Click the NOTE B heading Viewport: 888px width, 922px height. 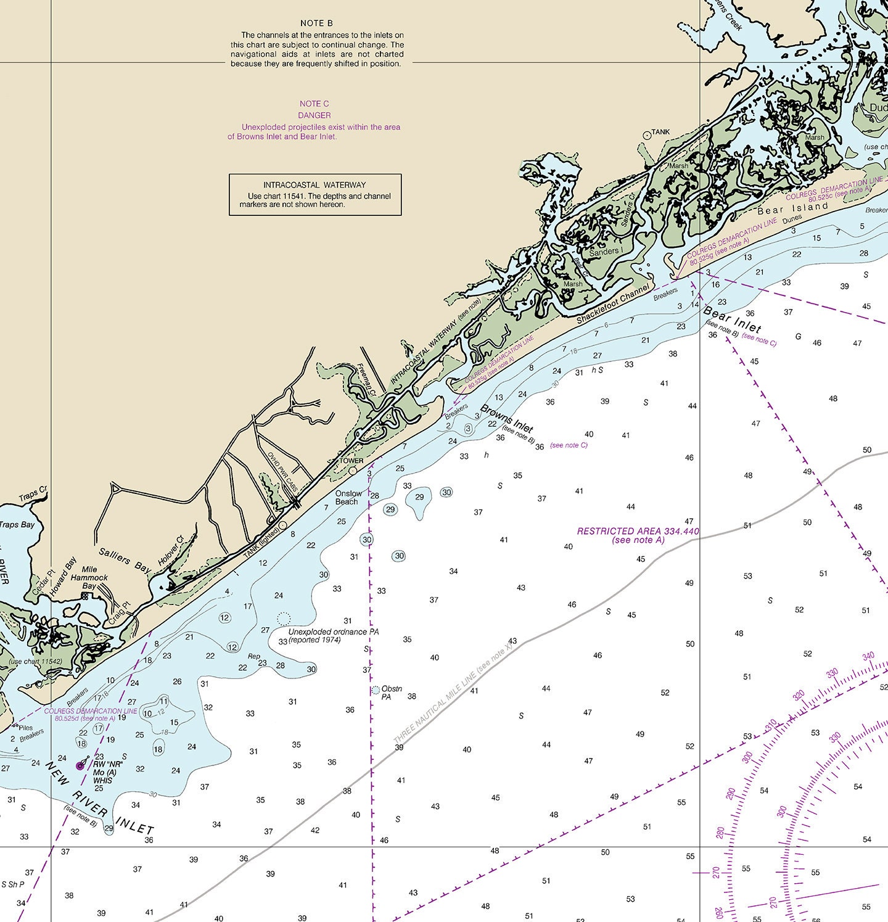click(316, 23)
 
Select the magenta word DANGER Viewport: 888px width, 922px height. click(314, 115)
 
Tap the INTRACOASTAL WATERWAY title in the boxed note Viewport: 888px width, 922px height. click(314, 185)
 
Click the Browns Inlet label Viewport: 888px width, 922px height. click(506, 418)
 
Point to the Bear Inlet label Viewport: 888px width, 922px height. click(732, 319)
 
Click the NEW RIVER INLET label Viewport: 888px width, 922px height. click(99, 798)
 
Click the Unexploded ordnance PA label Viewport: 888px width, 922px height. click(334, 632)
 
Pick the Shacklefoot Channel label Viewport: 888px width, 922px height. click(613, 304)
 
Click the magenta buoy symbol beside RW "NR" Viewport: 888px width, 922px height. click(80, 766)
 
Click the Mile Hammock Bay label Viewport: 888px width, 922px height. click(89, 578)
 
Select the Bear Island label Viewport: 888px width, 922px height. click(793, 208)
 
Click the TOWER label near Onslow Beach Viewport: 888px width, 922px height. click(351, 461)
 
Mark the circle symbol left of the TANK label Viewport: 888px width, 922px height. click(646, 134)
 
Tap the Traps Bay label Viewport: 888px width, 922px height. click(17, 525)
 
